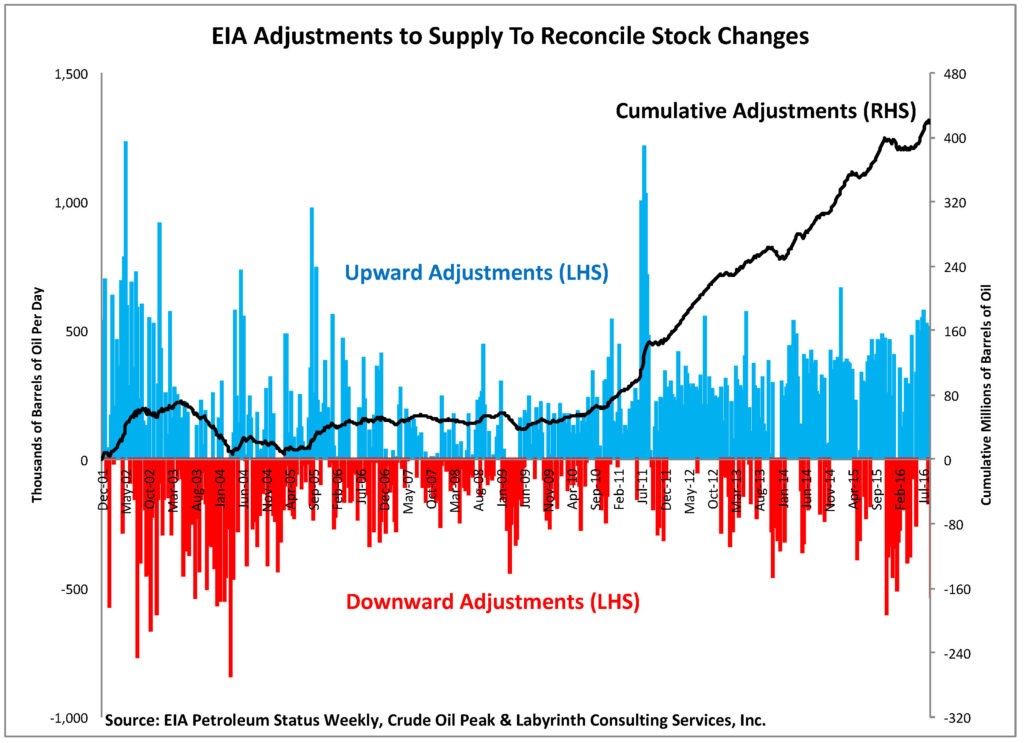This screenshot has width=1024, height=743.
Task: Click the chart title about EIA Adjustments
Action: pos(510,39)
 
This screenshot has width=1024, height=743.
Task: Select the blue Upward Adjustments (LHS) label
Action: pos(477,271)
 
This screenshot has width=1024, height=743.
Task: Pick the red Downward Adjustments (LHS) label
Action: pos(493,602)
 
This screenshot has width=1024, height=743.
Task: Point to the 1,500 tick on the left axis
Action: pos(70,74)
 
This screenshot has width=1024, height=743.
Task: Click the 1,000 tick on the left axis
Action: pos(70,203)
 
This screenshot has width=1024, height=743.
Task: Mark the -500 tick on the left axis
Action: pos(76,589)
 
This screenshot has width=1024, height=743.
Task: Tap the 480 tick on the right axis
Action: pos(953,74)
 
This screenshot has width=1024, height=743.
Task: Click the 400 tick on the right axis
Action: pos(953,138)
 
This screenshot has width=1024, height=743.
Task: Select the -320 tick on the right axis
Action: pos(955,718)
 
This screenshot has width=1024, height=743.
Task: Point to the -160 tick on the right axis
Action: pos(955,589)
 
